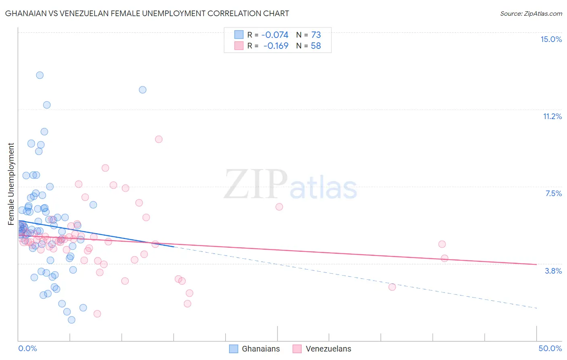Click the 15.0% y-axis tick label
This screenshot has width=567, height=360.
[551, 39]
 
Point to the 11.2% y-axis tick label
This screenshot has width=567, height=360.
[552, 116]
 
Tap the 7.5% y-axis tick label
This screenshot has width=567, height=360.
[553, 193]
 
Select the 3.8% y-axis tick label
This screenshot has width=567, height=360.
[553, 271]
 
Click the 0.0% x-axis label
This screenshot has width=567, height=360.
[27, 348]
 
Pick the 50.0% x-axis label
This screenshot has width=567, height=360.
[550, 348]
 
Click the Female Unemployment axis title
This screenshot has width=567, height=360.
[11, 184]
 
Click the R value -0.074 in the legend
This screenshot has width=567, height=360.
[275, 35]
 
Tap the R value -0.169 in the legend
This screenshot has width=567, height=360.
[276, 46]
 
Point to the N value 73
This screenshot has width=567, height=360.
[316, 35]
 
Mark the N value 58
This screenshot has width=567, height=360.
[316, 46]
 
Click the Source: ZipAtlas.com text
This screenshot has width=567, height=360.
[531, 13]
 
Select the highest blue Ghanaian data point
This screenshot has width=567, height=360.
[40, 75]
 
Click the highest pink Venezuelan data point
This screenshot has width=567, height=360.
[158, 139]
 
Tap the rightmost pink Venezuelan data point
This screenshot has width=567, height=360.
[444, 258]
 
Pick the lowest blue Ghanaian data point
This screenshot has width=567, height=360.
[71, 320]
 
